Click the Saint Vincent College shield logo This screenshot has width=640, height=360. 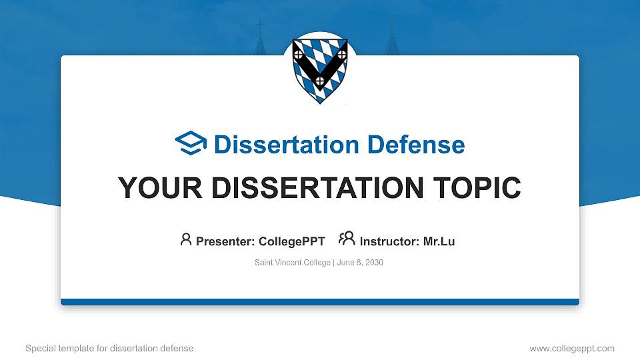coord(320,69)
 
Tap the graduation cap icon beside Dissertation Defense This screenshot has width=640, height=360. coord(191,144)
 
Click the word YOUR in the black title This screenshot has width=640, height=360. coord(157,188)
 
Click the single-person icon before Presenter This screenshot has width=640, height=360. coord(186,239)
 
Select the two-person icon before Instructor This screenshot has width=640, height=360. coord(347,239)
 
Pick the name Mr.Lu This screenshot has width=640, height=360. coord(439,241)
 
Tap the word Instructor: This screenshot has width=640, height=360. coord(389,241)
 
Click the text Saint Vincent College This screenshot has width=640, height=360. coord(292,263)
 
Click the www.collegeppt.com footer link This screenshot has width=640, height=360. coord(571,348)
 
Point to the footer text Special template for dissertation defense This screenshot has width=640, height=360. coord(109,348)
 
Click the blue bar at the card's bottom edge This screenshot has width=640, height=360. coord(320,302)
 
